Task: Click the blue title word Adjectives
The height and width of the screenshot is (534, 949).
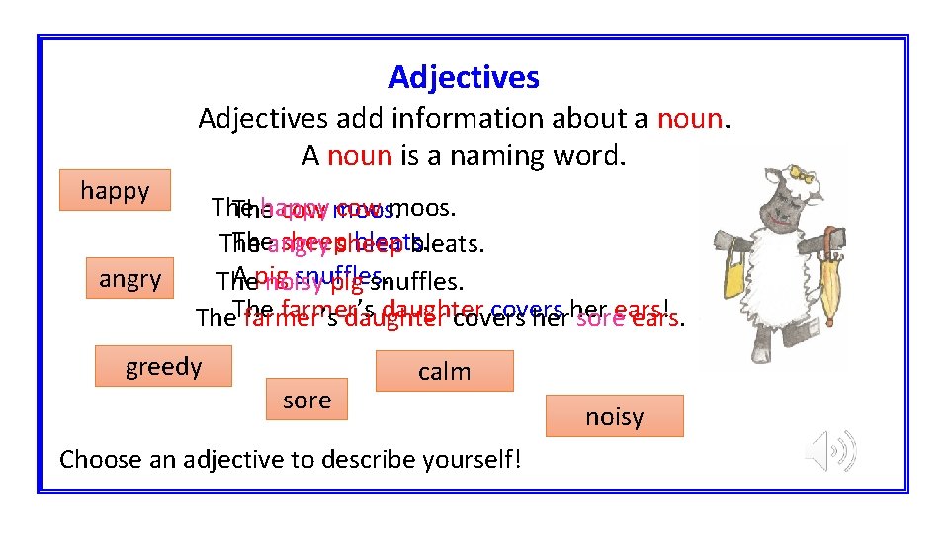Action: pyautogui.click(x=464, y=77)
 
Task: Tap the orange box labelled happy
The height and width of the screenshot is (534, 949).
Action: pyautogui.click(x=115, y=191)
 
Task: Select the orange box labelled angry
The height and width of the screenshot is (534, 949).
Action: pyautogui.click(x=129, y=279)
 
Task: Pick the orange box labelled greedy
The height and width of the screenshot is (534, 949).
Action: pyautogui.click(x=163, y=367)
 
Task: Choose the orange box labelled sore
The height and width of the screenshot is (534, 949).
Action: pyautogui.click(x=306, y=400)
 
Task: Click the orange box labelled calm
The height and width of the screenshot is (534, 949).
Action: pyautogui.click(x=444, y=372)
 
